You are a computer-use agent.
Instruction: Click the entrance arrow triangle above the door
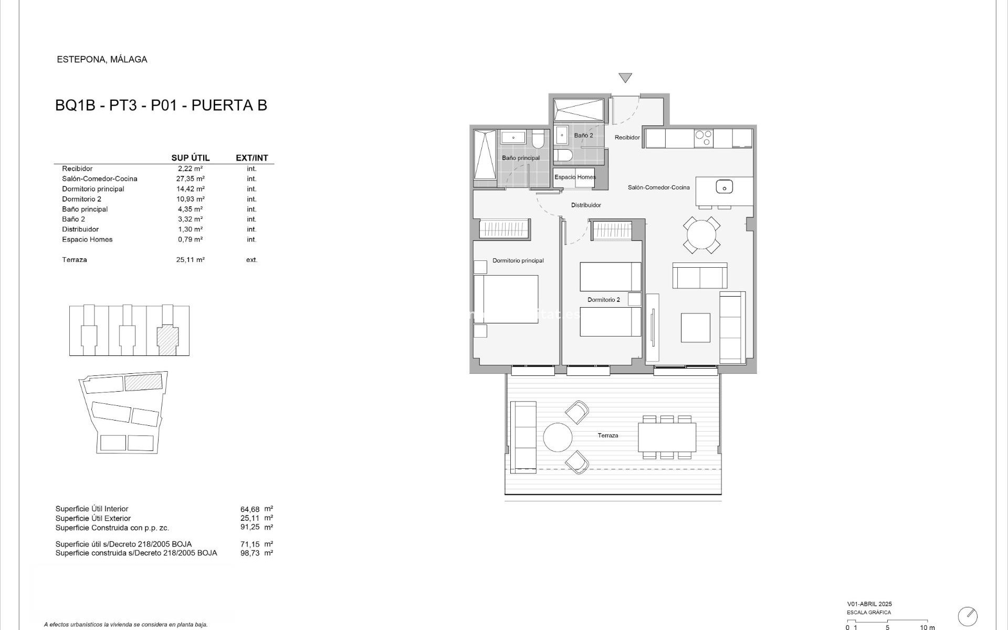click(625, 78)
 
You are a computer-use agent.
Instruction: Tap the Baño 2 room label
click(583, 135)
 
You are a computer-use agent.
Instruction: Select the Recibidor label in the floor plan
click(627, 138)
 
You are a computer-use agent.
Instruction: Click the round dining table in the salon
click(701, 234)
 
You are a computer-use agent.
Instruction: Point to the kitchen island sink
click(724, 186)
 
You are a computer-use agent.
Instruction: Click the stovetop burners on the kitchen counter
click(703, 138)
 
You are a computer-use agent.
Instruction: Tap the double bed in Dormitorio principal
click(506, 299)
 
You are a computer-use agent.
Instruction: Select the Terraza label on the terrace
click(607, 435)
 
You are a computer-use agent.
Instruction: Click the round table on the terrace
click(558, 437)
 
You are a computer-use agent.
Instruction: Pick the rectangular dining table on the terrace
click(667, 437)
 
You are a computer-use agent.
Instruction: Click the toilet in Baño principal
click(539, 139)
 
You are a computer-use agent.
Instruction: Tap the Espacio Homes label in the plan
click(575, 177)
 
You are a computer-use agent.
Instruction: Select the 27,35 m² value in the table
click(190, 178)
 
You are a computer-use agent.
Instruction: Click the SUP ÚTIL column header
click(190, 157)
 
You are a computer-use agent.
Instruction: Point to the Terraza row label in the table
click(75, 259)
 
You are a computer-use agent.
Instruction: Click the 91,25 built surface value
click(250, 527)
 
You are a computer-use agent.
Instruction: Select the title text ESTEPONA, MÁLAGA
click(102, 59)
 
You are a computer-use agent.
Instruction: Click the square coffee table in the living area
click(695, 328)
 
